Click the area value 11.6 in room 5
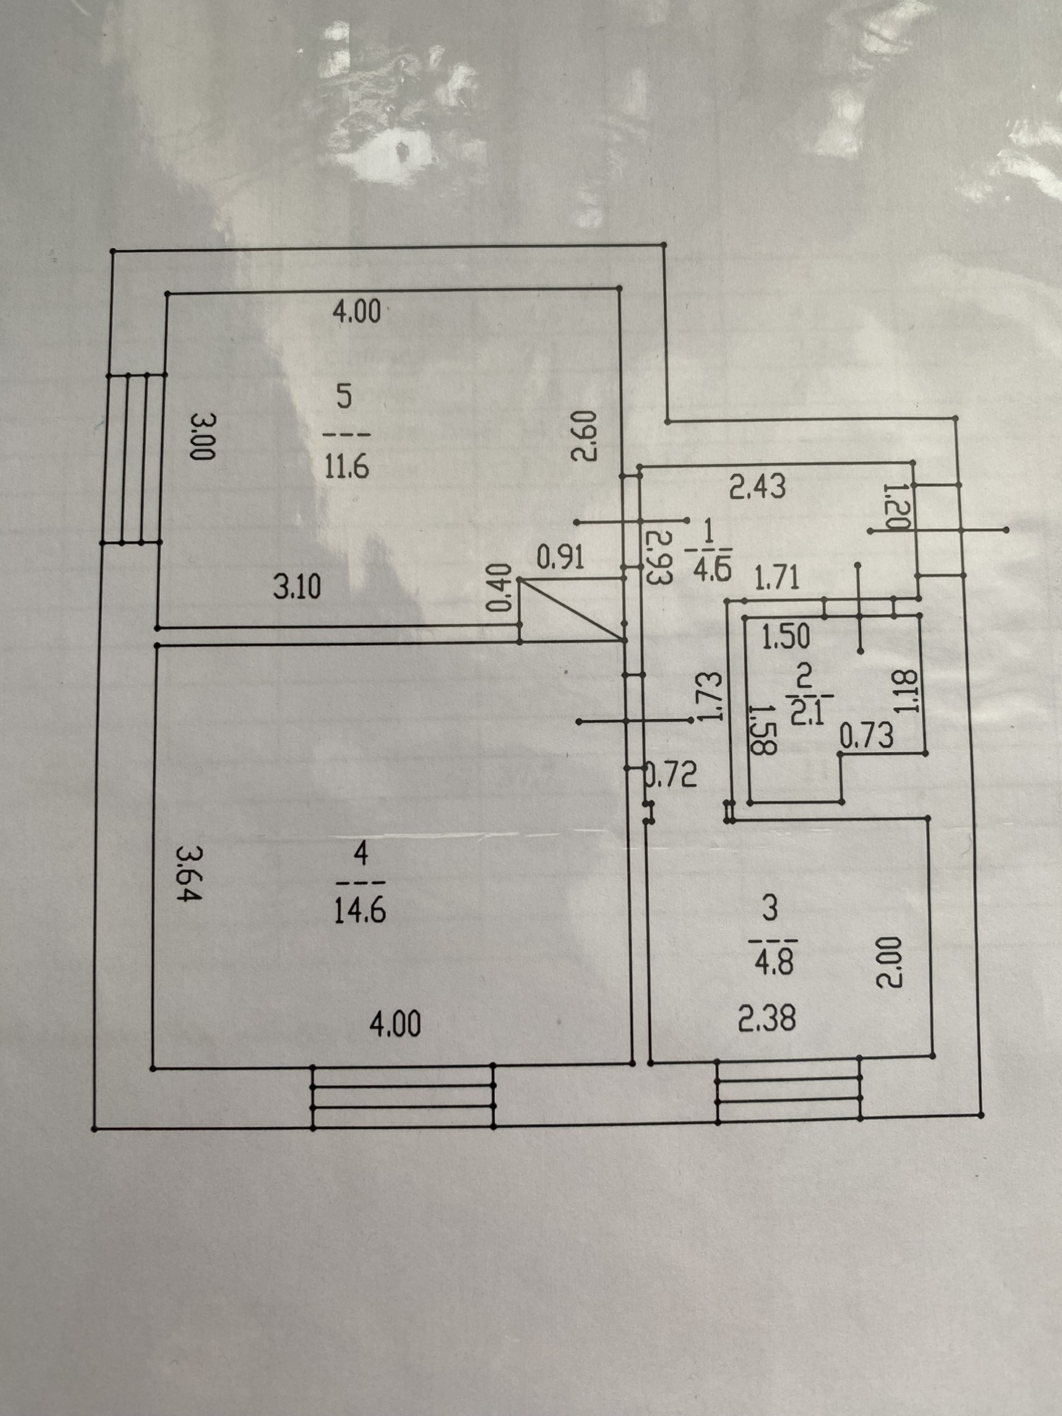point(347,467)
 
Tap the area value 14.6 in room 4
point(360,911)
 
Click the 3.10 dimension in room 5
point(296,587)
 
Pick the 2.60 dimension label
point(584,436)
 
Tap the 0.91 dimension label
point(561,558)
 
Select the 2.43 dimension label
point(756,487)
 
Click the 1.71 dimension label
point(777,579)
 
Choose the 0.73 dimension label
point(866,736)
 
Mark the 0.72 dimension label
point(673,774)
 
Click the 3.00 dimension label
point(203,436)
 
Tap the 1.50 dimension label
point(786,636)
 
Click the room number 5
point(345,397)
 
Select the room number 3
point(770,908)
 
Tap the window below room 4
point(403,1096)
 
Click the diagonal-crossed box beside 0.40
point(571,610)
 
